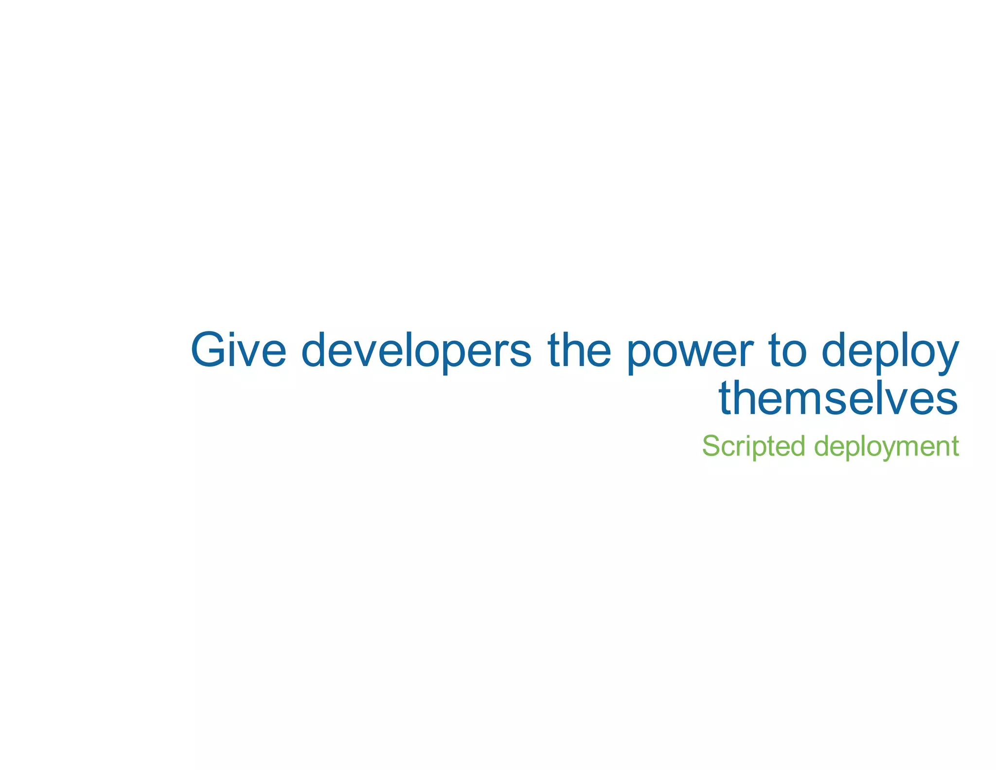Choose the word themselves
click(838, 398)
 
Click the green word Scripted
click(753, 446)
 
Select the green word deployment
click(886, 446)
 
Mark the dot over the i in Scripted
click(748, 436)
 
